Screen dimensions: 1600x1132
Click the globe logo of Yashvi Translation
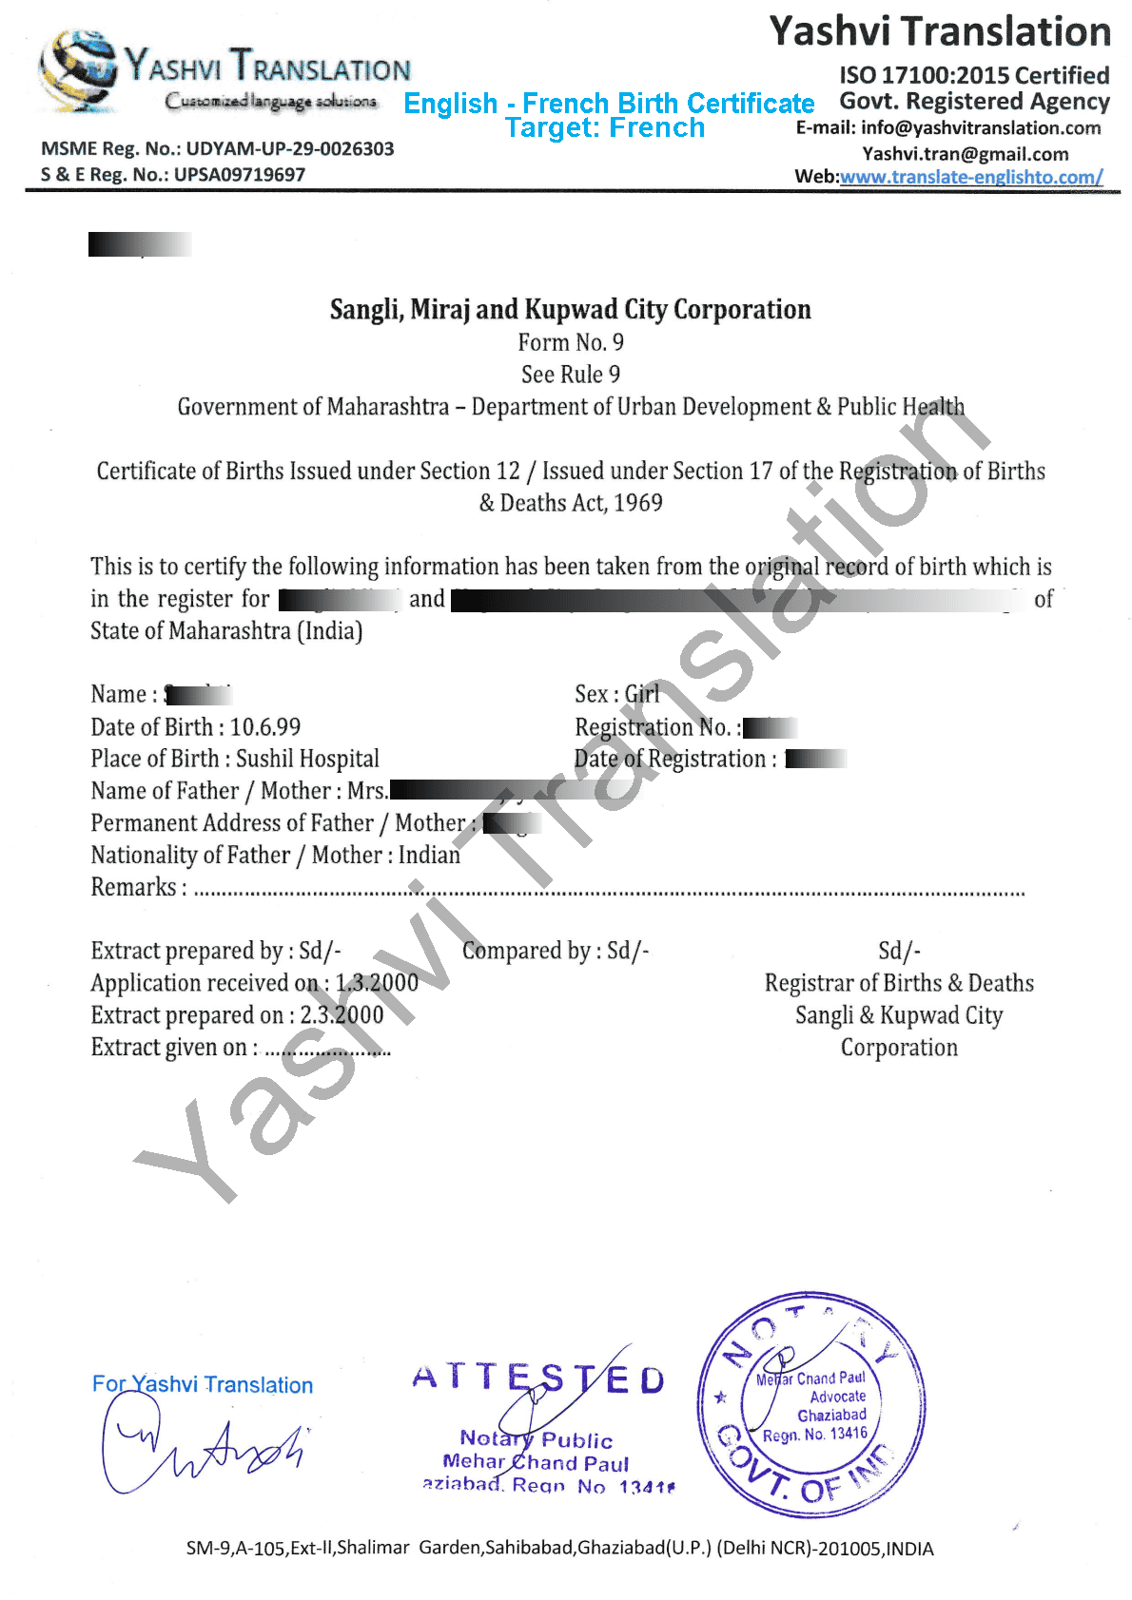(x=78, y=70)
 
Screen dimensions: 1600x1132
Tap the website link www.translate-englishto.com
(x=970, y=177)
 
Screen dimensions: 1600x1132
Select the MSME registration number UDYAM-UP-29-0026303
(x=289, y=149)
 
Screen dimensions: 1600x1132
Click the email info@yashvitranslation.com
(x=980, y=128)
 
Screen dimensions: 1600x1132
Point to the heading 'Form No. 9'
(x=571, y=342)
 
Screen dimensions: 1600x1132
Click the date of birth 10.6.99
(x=265, y=727)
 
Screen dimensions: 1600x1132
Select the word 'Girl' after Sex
(x=642, y=695)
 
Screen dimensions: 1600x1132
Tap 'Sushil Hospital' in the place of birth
(x=307, y=759)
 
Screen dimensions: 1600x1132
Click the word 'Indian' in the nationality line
(x=429, y=855)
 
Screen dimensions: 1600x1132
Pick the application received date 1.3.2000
(x=377, y=983)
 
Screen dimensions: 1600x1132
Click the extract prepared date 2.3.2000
(x=342, y=1015)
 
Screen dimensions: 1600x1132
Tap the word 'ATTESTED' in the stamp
(x=537, y=1378)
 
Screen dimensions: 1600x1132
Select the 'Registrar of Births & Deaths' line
(x=899, y=983)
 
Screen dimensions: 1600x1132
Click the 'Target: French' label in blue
(x=605, y=127)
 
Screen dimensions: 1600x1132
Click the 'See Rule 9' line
(x=571, y=375)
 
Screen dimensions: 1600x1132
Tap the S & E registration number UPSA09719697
(x=239, y=175)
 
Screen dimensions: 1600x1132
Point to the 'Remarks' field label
(x=133, y=887)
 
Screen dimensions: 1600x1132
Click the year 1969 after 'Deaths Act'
(x=638, y=503)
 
